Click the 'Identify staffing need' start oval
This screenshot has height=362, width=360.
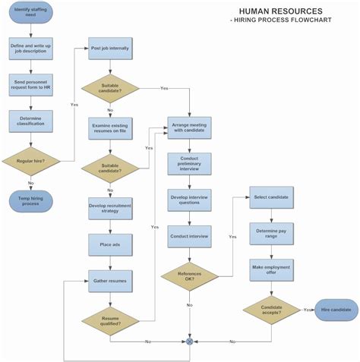pos(30,14)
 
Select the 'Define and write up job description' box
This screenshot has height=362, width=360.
pos(30,49)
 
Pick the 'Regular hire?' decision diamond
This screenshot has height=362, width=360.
pos(30,160)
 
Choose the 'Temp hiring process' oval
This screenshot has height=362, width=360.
pos(30,200)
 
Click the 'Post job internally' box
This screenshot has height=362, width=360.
pos(110,49)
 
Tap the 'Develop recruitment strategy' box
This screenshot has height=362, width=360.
pos(110,207)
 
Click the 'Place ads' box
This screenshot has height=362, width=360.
pos(110,244)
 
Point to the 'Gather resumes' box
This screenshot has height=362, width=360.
pos(110,281)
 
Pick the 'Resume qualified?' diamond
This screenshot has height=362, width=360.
pos(110,320)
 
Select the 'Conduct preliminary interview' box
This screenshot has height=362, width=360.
pos(189,164)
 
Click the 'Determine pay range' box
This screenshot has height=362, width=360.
pos(271,232)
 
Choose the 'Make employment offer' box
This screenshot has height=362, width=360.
pos(271,269)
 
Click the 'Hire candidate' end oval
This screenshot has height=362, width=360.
pos(336,310)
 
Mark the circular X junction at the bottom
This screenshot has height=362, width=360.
pos(190,342)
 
